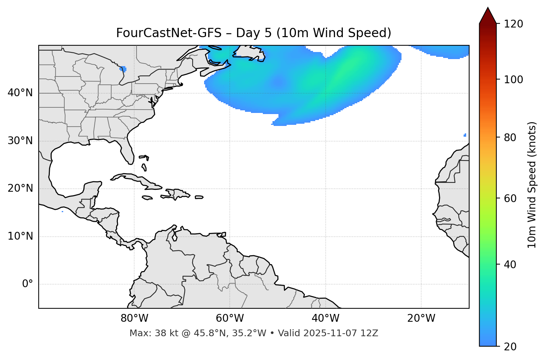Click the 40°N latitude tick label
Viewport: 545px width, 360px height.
[20, 93]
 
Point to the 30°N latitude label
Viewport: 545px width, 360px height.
[20, 141]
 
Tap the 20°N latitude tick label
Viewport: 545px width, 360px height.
[20, 188]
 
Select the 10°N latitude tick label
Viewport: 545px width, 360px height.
[20, 236]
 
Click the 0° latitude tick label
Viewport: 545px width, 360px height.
[27, 284]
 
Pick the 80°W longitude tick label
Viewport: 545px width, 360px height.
[134, 318]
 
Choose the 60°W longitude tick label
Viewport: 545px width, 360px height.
[230, 318]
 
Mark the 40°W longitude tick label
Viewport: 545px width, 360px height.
[325, 318]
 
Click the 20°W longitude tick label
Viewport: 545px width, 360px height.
[421, 318]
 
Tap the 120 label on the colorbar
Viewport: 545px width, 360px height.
[513, 24]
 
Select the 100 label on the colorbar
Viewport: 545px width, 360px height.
[513, 80]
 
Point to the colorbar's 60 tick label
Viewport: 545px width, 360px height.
[510, 198]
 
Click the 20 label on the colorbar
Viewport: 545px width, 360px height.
[510, 347]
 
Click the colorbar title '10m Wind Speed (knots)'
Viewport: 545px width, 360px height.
[532, 185]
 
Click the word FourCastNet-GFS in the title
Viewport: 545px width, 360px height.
[169, 33]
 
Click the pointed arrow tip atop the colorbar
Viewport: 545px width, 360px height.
[488, 9]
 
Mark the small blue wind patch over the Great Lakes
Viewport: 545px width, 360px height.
[123, 69]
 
